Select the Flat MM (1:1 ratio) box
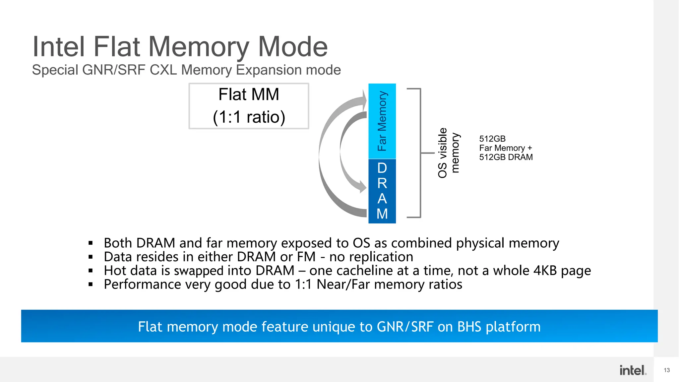coord(249,106)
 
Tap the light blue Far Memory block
coord(382,121)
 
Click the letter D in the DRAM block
coord(382,168)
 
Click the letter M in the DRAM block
coord(382,214)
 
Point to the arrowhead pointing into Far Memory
coord(364,99)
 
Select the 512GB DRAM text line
coord(506,157)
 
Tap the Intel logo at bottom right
coord(633,370)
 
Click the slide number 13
coord(667,370)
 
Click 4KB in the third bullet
coord(545,271)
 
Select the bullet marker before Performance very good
coord(91,285)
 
